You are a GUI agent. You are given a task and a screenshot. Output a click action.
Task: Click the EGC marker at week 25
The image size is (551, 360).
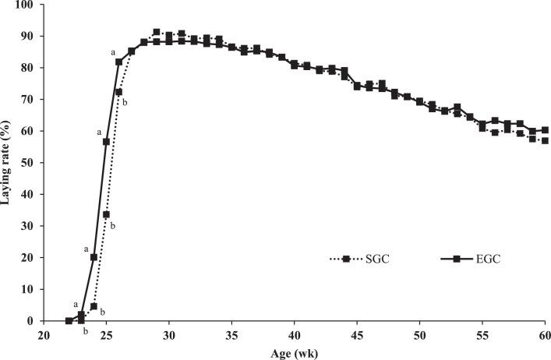(106, 142)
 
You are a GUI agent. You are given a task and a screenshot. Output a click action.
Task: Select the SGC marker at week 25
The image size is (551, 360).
(106, 214)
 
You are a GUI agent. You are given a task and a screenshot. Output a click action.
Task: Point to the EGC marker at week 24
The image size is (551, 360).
(94, 257)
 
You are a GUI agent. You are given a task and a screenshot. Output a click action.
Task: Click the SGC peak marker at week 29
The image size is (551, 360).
(157, 32)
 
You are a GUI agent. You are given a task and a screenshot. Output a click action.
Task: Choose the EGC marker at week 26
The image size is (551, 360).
(119, 62)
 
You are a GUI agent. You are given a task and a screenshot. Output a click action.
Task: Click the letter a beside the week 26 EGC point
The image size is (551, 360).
(113, 52)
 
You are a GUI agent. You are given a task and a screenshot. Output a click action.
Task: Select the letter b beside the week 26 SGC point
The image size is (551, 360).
(125, 102)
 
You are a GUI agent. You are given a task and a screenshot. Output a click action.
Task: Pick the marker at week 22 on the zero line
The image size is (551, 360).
(69, 321)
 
